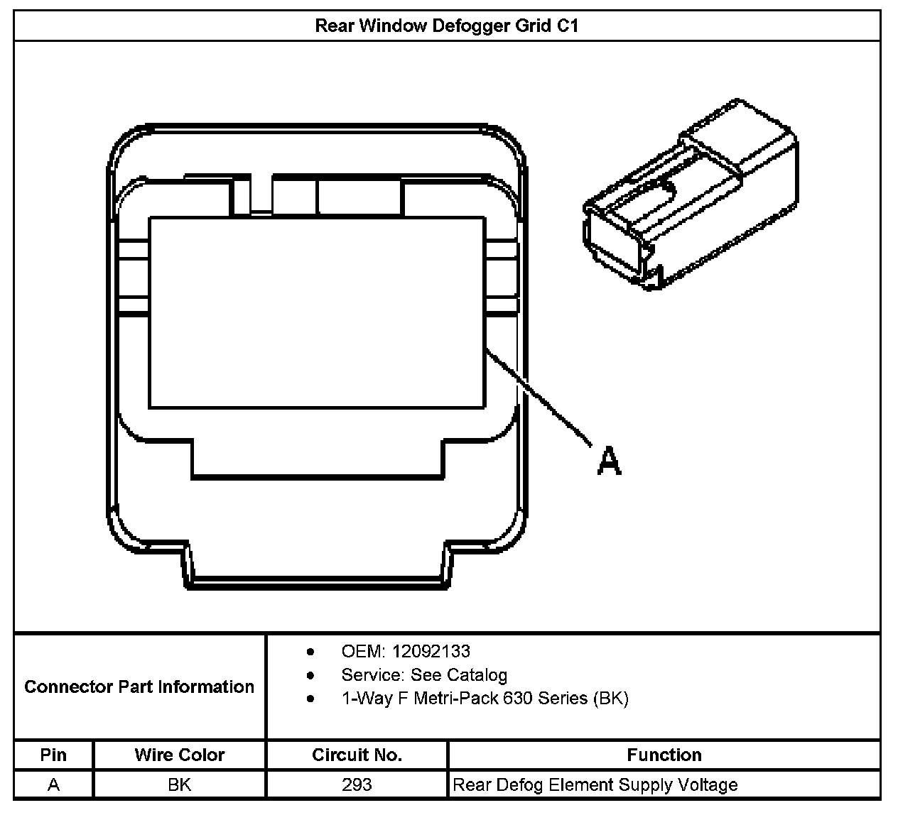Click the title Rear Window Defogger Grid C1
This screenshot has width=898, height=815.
tap(447, 26)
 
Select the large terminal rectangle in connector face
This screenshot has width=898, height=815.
tap(317, 312)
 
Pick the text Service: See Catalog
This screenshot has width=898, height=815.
tap(424, 674)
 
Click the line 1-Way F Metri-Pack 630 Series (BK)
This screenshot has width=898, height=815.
tap(485, 698)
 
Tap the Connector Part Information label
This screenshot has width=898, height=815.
tap(139, 687)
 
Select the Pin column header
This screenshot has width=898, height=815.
tap(53, 755)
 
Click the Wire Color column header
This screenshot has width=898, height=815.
tap(179, 755)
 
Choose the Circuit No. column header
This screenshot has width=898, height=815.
tap(357, 755)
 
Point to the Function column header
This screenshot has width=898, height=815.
tap(664, 755)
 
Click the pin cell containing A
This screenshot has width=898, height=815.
tap(53, 784)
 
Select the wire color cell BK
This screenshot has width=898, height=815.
tap(179, 784)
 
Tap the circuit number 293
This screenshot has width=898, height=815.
tap(357, 784)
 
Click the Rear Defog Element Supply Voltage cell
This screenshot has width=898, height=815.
tap(595, 784)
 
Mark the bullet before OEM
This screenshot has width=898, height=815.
tap(310, 652)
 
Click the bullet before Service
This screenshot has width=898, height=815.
tap(310, 675)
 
